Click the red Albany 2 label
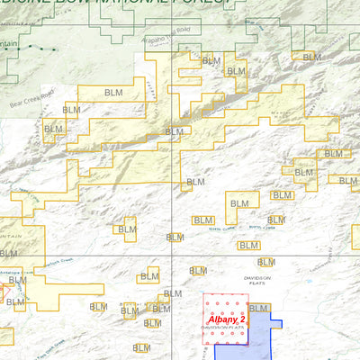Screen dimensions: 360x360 [x=226, y=319]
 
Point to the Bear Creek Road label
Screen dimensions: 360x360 [x=33, y=92]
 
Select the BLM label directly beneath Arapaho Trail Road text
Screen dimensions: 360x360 [x=211, y=61]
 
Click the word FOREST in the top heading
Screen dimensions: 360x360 [x=200, y=3]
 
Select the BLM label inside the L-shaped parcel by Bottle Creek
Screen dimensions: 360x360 [x=239, y=204]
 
